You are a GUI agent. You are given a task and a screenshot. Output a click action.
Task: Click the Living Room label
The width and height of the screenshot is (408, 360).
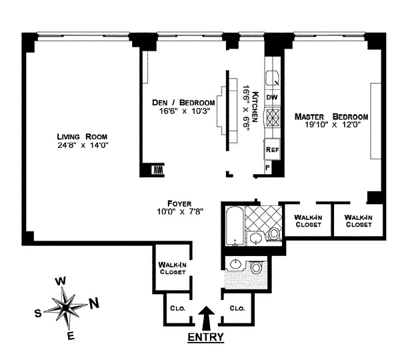click(82, 137)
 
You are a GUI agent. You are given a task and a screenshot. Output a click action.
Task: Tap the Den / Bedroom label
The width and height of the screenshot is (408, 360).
click(183, 103)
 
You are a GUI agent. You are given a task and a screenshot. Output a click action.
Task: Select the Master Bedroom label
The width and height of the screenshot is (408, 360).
click(331, 117)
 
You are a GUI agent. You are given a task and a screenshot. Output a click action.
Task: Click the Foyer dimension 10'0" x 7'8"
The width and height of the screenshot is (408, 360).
click(180, 212)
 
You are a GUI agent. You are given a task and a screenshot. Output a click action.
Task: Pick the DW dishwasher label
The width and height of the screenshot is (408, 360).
click(272, 97)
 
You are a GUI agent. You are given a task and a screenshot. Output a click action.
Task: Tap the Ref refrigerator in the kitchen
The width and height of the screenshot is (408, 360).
click(272, 149)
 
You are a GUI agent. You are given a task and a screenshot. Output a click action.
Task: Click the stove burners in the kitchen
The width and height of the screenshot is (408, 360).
click(273, 118)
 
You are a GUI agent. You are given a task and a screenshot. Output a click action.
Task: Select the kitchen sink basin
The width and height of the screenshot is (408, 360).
click(272, 78)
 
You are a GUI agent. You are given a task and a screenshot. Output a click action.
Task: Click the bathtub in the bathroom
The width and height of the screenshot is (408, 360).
click(235, 225)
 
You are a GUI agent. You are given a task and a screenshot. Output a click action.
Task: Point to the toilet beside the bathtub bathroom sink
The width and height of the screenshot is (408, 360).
click(274, 233)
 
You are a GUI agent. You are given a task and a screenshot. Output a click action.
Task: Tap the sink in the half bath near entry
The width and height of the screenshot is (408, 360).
click(236, 265)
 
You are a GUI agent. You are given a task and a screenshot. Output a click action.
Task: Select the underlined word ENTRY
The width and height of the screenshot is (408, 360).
click(205, 337)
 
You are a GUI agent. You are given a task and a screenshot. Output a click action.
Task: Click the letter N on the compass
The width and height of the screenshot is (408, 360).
click(94, 303)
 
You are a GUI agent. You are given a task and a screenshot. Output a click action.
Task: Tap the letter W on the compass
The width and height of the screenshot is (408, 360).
click(61, 281)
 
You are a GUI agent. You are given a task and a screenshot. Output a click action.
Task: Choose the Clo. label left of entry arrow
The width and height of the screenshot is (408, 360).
click(178, 309)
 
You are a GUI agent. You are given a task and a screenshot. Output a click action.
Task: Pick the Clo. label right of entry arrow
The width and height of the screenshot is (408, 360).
click(237, 308)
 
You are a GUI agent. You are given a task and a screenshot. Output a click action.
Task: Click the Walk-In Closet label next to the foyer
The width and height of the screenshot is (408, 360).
click(172, 268)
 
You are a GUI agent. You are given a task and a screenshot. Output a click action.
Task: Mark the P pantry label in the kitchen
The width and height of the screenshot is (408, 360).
click(268, 168)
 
